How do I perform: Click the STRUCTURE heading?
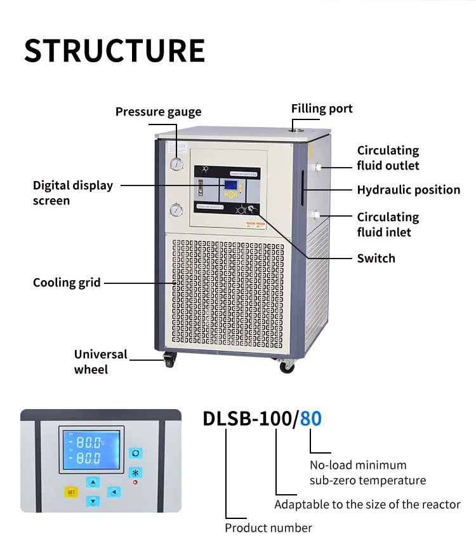(x=115, y=51)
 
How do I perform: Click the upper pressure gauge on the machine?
(x=176, y=164)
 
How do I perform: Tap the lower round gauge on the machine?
(x=176, y=210)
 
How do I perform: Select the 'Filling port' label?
(x=322, y=109)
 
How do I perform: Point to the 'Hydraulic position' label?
(x=408, y=190)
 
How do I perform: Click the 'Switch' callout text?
(x=376, y=259)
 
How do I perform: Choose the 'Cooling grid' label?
(x=67, y=283)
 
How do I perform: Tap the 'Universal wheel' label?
(x=100, y=362)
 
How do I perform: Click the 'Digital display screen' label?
(x=73, y=193)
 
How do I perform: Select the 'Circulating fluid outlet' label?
(x=388, y=158)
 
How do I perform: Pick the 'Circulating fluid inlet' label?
(x=388, y=225)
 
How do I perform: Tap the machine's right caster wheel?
(x=288, y=365)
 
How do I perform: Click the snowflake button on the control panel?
(x=135, y=473)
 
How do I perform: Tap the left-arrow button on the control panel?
(x=114, y=492)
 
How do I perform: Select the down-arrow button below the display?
(x=93, y=501)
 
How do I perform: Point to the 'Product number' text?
(x=268, y=528)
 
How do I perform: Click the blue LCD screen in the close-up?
(x=91, y=448)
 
